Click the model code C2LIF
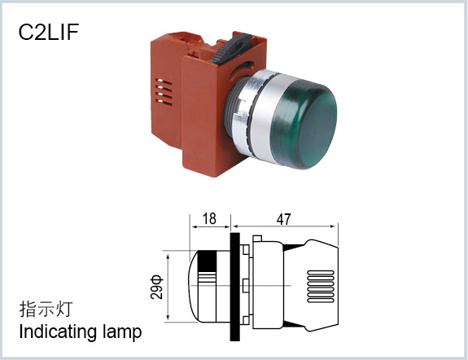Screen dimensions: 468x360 (x=49, y=32)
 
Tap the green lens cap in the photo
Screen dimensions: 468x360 (x=306, y=123)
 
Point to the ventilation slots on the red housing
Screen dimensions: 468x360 (x=164, y=92)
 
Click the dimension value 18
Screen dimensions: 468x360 (x=209, y=219)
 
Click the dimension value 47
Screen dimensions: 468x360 (x=283, y=219)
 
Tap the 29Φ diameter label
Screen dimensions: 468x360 (x=157, y=287)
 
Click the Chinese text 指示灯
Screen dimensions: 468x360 (x=46, y=310)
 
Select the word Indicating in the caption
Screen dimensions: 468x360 (x=58, y=331)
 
